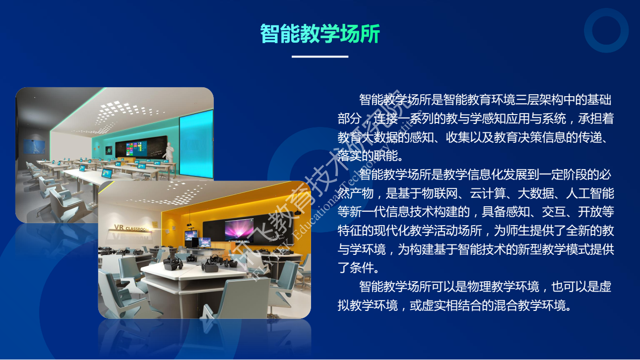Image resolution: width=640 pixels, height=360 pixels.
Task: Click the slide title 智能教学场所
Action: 320,34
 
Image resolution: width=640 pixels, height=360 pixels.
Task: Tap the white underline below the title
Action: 320,57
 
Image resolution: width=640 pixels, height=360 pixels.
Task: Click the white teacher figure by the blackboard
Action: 169,154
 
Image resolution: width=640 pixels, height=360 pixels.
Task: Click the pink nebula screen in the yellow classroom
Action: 239,230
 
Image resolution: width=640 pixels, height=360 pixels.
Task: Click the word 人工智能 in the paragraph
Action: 590,193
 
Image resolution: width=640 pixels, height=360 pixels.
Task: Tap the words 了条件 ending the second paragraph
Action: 355,268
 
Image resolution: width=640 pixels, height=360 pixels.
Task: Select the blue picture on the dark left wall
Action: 34,146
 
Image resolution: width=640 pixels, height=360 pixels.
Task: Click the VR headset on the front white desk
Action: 173,264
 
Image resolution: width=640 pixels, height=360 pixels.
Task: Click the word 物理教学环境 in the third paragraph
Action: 503,287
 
